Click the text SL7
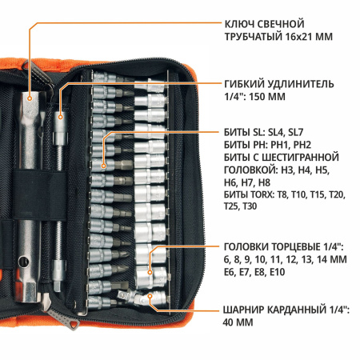[310, 131]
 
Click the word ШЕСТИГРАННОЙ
[306, 157]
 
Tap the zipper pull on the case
[70, 324]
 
